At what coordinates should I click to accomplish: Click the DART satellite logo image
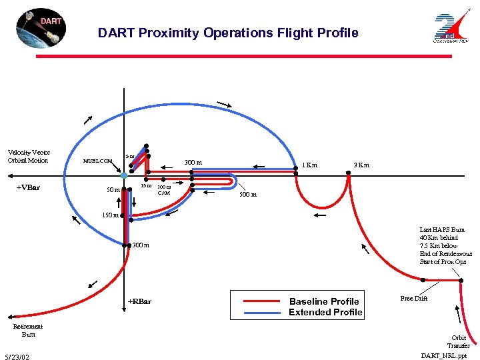(x=41, y=29)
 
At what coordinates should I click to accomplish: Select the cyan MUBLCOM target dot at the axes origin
(x=124, y=175)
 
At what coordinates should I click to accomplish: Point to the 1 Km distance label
(x=309, y=165)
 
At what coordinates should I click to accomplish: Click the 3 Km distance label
(x=361, y=165)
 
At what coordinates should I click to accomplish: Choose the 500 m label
(x=248, y=195)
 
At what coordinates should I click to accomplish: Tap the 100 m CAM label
(x=163, y=190)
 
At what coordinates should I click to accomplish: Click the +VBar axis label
(x=27, y=187)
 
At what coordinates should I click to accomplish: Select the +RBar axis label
(x=139, y=301)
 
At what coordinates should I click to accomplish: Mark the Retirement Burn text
(x=28, y=330)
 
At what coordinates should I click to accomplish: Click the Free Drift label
(x=413, y=298)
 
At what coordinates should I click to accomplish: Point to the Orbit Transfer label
(x=459, y=341)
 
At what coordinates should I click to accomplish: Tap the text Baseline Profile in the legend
(x=323, y=301)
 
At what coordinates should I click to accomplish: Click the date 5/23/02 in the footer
(x=17, y=357)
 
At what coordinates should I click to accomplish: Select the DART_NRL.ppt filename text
(x=445, y=356)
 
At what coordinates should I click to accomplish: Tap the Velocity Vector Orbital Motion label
(x=29, y=156)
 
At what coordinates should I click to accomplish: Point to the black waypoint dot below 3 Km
(x=348, y=173)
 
